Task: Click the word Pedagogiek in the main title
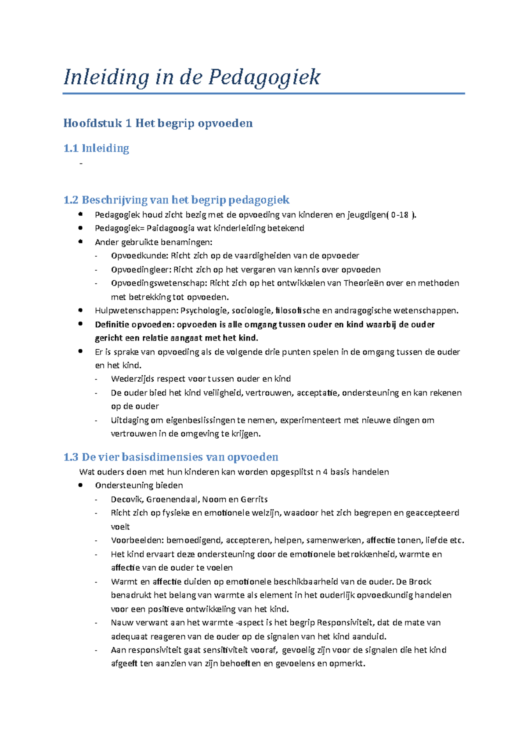click(x=264, y=77)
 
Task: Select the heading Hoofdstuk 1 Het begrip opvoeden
click(x=158, y=123)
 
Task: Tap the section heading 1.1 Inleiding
click(x=96, y=148)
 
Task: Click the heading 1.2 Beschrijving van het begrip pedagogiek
click(x=176, y=200)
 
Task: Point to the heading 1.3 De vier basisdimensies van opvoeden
click(x=171, y=457)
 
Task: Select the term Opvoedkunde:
click(x=139, y=256)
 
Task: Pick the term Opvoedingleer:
click(x=141, y=270)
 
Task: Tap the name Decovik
click(x=126, y=500)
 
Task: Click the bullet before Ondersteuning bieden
click(x=80, y=485)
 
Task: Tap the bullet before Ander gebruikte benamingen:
click(x=80, y=242)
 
